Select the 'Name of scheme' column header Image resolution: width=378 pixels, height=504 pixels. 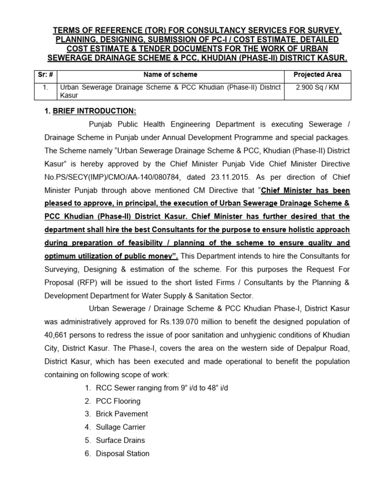click(x=170, y=74)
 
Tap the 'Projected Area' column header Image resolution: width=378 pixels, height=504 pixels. click(x=318, y=74)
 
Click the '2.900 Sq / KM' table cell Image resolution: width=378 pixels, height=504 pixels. click(x=318, y=87)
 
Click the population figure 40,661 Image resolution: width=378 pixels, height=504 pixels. click(x=59, y=335)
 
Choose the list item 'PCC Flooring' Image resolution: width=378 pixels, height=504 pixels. click(x=118, y=401)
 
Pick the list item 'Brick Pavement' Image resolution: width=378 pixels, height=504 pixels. click(x=122, y=414)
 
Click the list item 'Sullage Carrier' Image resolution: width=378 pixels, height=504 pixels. click(x=121, y=427)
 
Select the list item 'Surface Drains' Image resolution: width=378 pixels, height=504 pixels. click(x=120, y=440)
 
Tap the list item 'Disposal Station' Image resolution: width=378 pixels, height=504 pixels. click(x=123, y=453)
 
